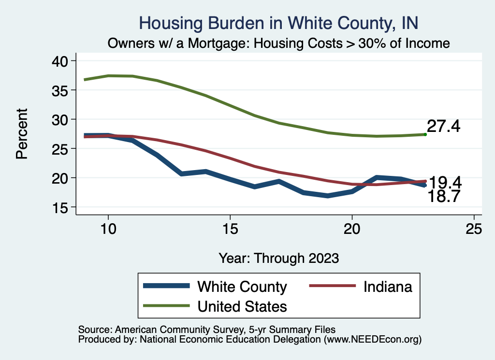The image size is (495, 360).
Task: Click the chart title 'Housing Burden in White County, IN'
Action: coord(278,23)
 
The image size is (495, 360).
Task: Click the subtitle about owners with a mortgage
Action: coord(278,43)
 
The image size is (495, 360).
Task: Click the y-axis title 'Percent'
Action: coord(21,134)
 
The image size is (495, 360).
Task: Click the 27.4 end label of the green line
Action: coord(443,127)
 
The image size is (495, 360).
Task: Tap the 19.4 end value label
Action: coord(445,182)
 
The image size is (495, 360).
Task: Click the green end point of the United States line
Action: coord(425,134)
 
